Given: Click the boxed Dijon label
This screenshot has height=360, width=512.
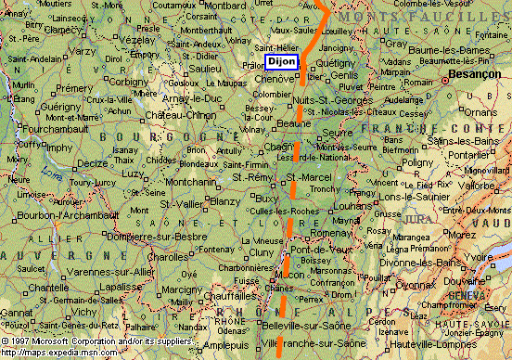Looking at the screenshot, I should pyautogui.click(x=282, y=61).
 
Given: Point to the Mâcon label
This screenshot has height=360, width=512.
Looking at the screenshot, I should pyautogui.click(x=291, y=274).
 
